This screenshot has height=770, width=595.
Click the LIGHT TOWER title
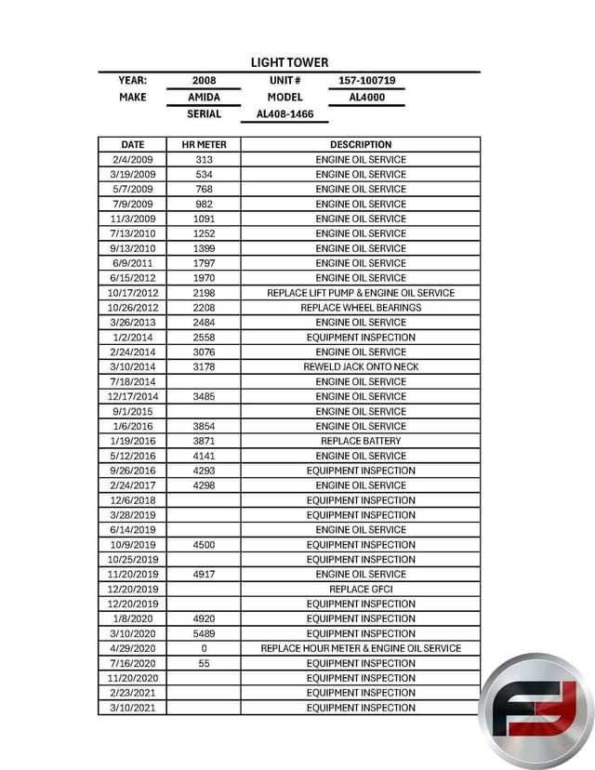[289, 62]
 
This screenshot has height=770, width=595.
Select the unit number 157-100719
[366, 81]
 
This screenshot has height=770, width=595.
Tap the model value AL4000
[366, 97]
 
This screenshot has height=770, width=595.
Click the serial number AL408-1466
[284, 114]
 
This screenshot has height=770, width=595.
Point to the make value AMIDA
[204, 97]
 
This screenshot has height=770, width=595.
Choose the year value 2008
[204, 81]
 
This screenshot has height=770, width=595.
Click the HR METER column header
[204, 144]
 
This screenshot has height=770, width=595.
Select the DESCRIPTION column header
[361, 144]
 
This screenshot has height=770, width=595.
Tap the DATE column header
[133, 144]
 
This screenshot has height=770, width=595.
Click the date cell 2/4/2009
[133, 159]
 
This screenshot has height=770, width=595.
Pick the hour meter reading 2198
[204, 293]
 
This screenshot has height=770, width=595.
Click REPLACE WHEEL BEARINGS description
[361, 308]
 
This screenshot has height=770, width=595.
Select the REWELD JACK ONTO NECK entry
[361, 366]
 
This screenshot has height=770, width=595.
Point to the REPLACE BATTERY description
[361, 441]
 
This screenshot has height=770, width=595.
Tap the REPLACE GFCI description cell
[361, 589]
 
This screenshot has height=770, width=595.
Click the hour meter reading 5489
[204, 633]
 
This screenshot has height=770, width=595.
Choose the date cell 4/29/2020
[133, 648]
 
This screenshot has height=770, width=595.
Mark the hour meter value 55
[204, 663]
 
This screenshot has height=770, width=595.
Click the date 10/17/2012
[133, 293]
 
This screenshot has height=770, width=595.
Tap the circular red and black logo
[536, 711]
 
